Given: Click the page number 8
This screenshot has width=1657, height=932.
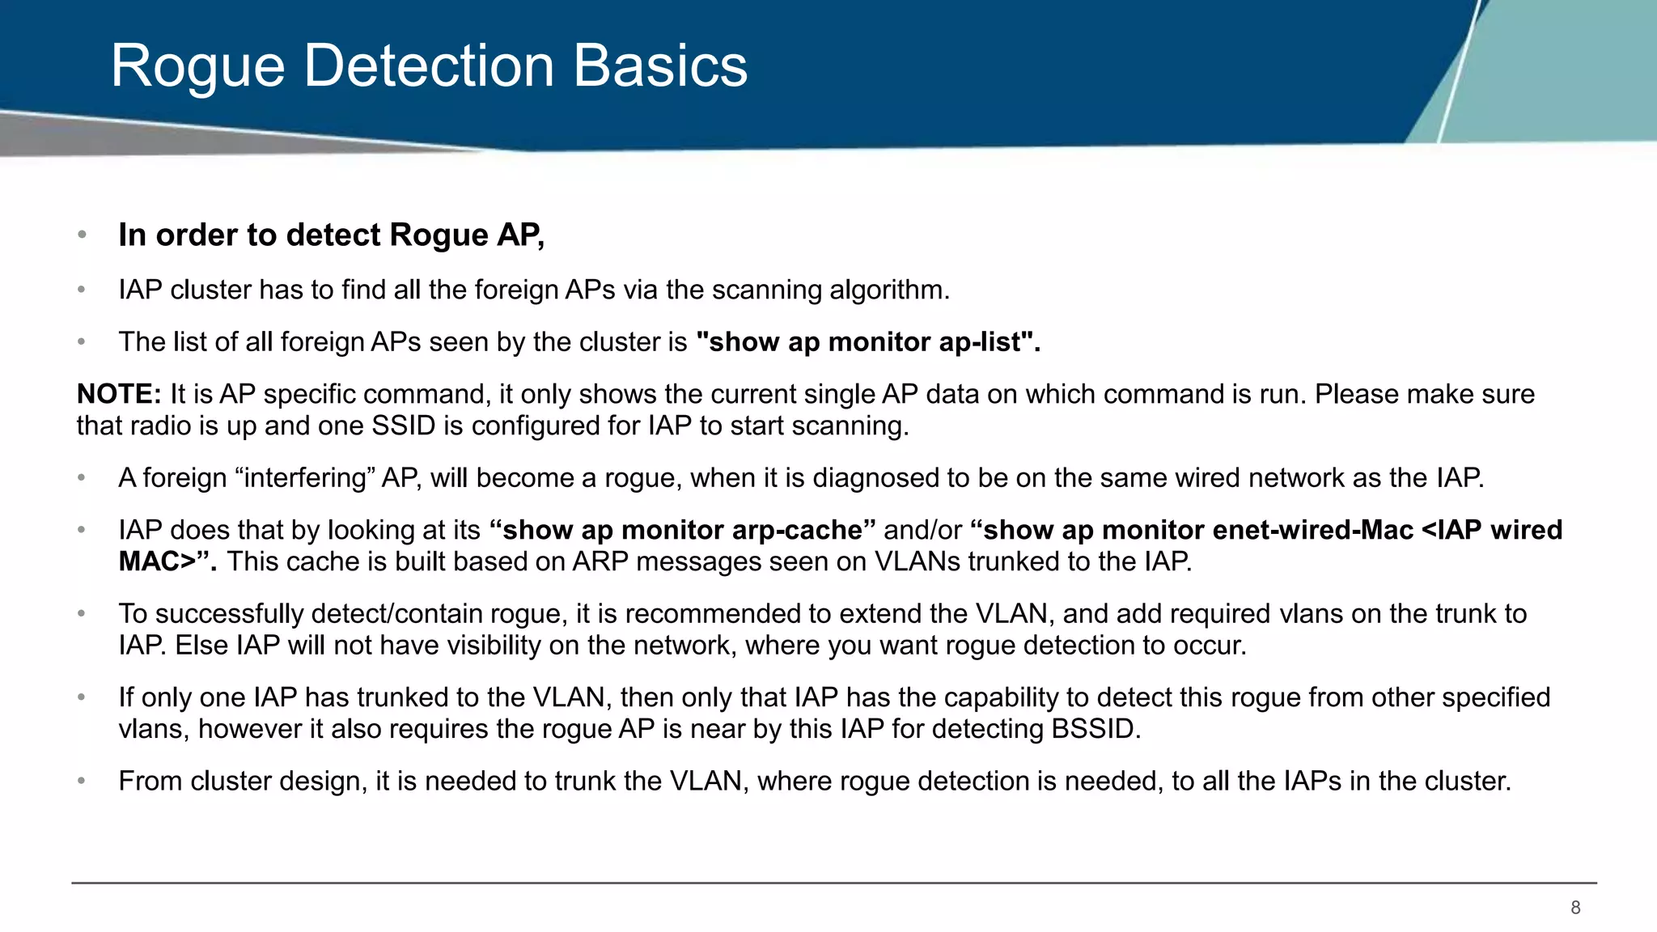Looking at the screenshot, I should (x=1575, y=908).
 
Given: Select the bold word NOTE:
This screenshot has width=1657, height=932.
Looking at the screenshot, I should (x=119, y=394).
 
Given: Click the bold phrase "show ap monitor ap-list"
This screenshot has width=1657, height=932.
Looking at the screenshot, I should (x=867, y=342).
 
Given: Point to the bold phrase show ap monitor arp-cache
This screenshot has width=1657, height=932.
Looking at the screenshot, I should (x=683, y=530).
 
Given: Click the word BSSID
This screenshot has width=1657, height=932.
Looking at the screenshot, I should (x=1095, y=729).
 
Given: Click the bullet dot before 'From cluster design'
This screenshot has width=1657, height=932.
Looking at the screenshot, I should (x=82, y=782).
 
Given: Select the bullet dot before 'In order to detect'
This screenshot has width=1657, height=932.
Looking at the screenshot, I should (x=82, y=235).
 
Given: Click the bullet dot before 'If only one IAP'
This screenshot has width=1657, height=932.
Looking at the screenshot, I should (x=82, y=697).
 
